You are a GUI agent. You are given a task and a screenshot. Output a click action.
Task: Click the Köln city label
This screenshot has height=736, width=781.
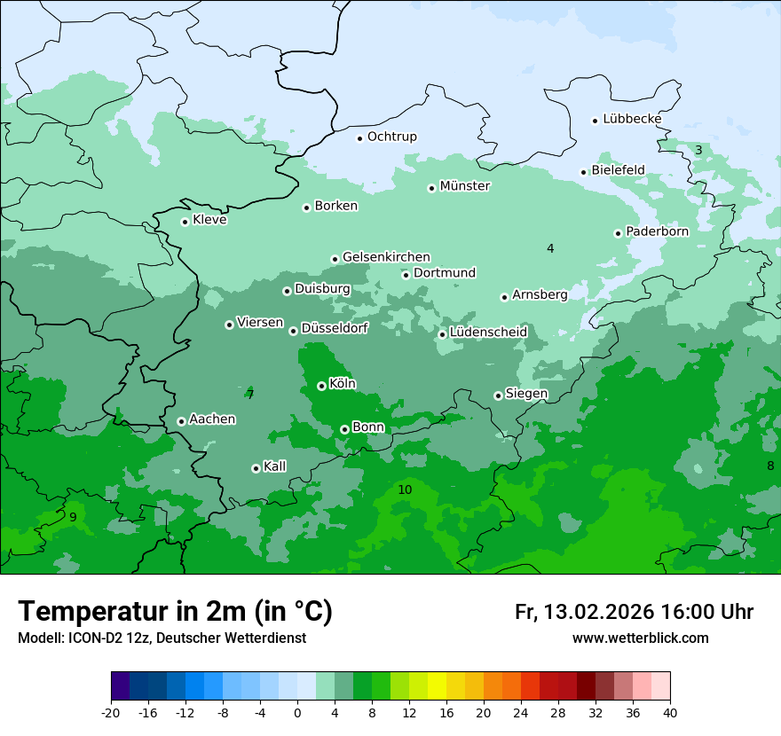(x=342, y=384)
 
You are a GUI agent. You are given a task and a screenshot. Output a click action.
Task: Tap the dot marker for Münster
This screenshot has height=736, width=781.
(x=432, y=188)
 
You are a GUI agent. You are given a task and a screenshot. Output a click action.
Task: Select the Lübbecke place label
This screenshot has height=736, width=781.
(x=632, y=119)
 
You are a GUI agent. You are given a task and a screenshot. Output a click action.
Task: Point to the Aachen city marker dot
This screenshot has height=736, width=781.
(x=181, y=421)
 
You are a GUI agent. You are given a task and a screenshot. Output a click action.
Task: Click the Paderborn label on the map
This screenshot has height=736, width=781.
(x=657, y=231)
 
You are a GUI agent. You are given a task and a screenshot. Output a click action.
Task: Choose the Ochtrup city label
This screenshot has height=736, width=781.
(x=391, y=137)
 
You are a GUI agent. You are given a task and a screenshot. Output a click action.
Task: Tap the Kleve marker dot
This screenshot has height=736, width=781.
(x=185, y=222)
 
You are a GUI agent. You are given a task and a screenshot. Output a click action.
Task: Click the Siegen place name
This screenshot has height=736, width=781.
(x=526, y=394)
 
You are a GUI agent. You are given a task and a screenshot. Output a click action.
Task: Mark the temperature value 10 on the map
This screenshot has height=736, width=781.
(x=405, y=489)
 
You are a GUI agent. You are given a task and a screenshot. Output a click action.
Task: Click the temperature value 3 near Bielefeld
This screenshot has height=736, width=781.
(x=698, y=150)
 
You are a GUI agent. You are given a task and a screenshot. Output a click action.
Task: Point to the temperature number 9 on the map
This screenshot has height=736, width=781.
(x=73, y=517)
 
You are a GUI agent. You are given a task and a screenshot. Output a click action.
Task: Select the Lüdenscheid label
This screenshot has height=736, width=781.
(x=488, y=333)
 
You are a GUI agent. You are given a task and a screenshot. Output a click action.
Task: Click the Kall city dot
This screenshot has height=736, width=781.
(x=256, y=468)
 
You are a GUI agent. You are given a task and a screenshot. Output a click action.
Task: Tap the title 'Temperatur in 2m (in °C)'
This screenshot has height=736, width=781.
(x=175, y=612)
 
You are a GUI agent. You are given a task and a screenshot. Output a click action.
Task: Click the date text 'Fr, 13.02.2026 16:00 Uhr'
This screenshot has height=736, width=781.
(x=634, y=612)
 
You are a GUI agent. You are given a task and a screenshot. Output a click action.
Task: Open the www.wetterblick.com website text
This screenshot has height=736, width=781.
(x=640, y=638)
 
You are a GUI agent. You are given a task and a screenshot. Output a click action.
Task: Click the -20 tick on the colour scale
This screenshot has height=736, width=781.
(x=111, y=712)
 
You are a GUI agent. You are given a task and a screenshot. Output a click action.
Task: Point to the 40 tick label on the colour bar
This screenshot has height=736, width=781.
(x=670, y=712)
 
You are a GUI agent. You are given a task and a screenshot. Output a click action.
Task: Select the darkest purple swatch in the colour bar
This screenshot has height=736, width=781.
(x=121, y=686)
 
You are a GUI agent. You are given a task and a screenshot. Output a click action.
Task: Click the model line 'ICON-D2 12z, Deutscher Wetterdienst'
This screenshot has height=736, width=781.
(x=162, y=638)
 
